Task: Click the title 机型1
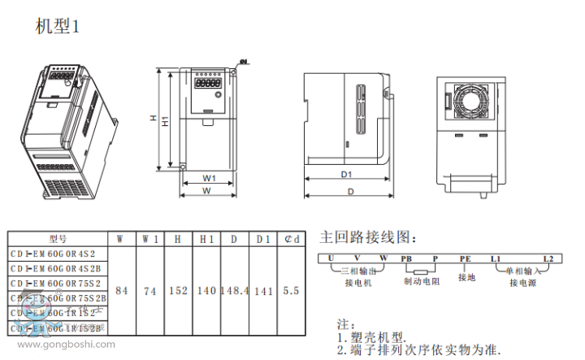click(x=58, y=27)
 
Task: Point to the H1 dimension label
click(x=165, y=122)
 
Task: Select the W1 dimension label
click(x=209, y=177)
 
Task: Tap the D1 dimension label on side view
click(x=345, y=175)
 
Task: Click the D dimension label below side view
click(x=350, y=192)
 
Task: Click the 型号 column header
click(x=58, y=239)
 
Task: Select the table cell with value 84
click(x=121, y=290)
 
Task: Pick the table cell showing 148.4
click(x=234, y=290)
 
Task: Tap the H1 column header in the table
click(x=206, y=239)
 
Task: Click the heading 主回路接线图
click(x=368, y=238)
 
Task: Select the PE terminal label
click(x=465, y=258)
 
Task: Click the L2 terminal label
click(x=548, y=258)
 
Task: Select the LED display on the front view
click(x=208, y=83)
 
